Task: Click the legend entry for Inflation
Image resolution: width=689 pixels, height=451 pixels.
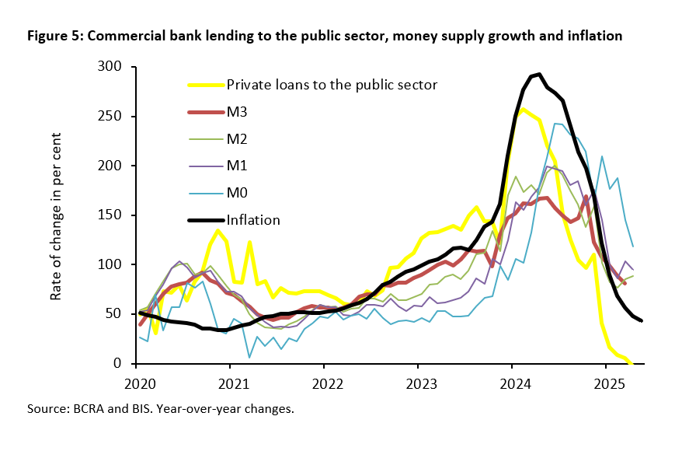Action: coord(252,220)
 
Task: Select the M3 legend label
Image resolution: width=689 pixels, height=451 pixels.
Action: coord(236,111)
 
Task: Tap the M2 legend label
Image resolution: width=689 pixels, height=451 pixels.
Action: coord(236,138)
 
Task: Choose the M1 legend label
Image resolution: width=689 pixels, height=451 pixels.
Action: coord(236,166)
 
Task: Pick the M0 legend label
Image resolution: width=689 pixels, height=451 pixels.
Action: coord(236,193)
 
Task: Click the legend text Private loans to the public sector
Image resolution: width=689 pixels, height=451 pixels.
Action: coord(332,84)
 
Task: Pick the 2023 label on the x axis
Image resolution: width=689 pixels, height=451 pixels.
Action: coord(422,383)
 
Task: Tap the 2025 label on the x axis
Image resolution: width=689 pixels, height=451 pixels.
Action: coord(610,383)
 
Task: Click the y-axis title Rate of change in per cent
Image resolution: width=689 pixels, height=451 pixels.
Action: coord(56,215)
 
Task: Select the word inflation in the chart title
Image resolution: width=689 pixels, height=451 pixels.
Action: coord(595,36)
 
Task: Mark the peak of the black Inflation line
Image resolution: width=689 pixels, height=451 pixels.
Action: coord(539,75)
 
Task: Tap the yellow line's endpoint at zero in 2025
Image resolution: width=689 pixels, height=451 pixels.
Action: coord(630,363)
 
